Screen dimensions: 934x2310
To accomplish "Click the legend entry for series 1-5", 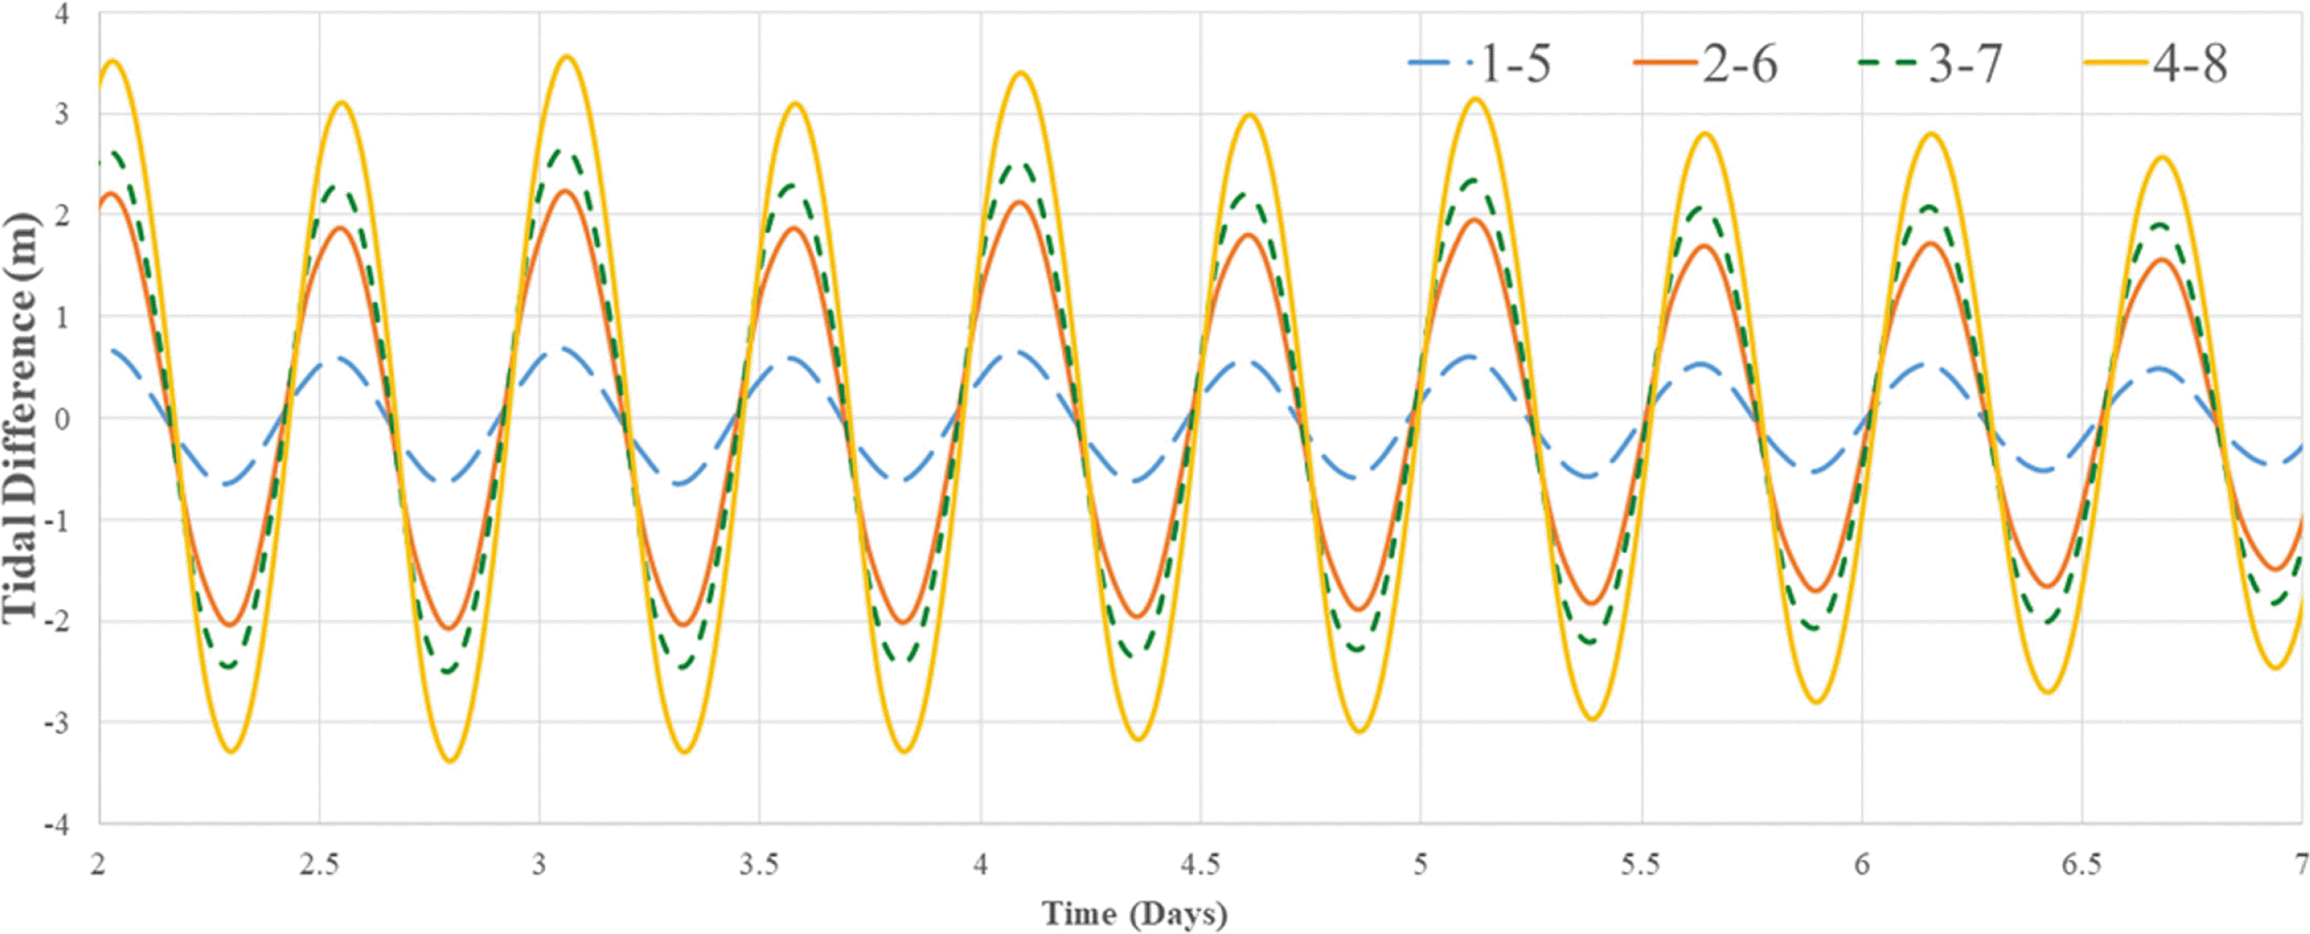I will pos(1480,64).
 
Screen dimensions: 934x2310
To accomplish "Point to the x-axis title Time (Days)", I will pos(1134,914).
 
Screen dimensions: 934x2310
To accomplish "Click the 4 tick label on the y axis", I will pos(62,14).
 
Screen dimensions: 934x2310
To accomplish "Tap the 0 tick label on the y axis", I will pos(62,419).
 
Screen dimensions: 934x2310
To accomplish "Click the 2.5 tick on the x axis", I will pos(320,865).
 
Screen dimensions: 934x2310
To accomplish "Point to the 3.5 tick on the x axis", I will pos(759,865).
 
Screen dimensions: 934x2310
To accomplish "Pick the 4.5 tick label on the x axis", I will pos(1200,865).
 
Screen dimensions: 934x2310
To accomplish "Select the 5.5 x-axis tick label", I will pos(1640,865).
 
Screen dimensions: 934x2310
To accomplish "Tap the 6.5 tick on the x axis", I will pos(2081,865).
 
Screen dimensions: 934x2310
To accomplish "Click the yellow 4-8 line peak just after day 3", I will pos(566,57).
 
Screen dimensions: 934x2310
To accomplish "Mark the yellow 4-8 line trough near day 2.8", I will pos(450,761).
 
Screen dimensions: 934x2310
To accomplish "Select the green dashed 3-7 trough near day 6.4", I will pos(2047,621).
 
